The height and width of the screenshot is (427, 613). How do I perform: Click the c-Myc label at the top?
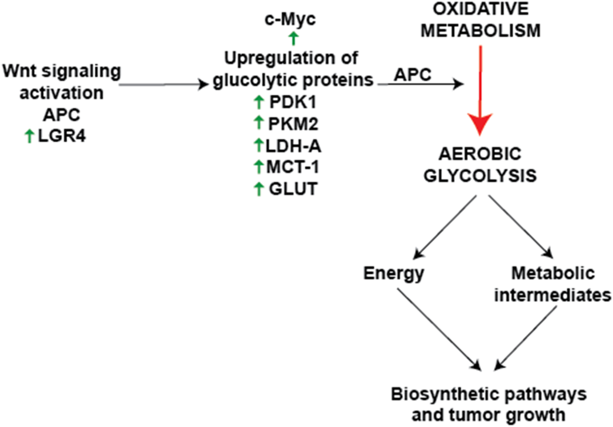(290, 19)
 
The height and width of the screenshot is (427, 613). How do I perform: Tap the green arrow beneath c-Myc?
(293, 38)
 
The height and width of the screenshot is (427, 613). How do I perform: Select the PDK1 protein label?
(293, 102)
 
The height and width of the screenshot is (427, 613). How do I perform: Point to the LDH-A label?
(293, 146)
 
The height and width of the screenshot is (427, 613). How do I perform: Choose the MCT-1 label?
(293, 167)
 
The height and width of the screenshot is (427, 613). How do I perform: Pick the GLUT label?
(293, 189)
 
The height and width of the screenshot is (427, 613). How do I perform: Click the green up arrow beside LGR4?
(29, 136)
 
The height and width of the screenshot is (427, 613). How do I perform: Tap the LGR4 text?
(62, 136)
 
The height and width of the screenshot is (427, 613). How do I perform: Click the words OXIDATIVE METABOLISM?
(480, 20)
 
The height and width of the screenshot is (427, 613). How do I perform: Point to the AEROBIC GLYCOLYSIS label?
(480, 165)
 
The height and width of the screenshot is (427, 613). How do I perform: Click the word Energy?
(393, 273)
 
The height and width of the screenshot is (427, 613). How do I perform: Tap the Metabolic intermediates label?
(552, 284)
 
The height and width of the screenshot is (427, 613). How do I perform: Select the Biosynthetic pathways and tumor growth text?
(488, 404)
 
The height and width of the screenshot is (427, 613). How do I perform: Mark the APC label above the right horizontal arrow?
(412, 75)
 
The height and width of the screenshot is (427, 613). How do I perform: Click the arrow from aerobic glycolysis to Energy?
(445, 227)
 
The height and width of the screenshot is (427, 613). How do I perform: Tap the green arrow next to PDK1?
(259, 102)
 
